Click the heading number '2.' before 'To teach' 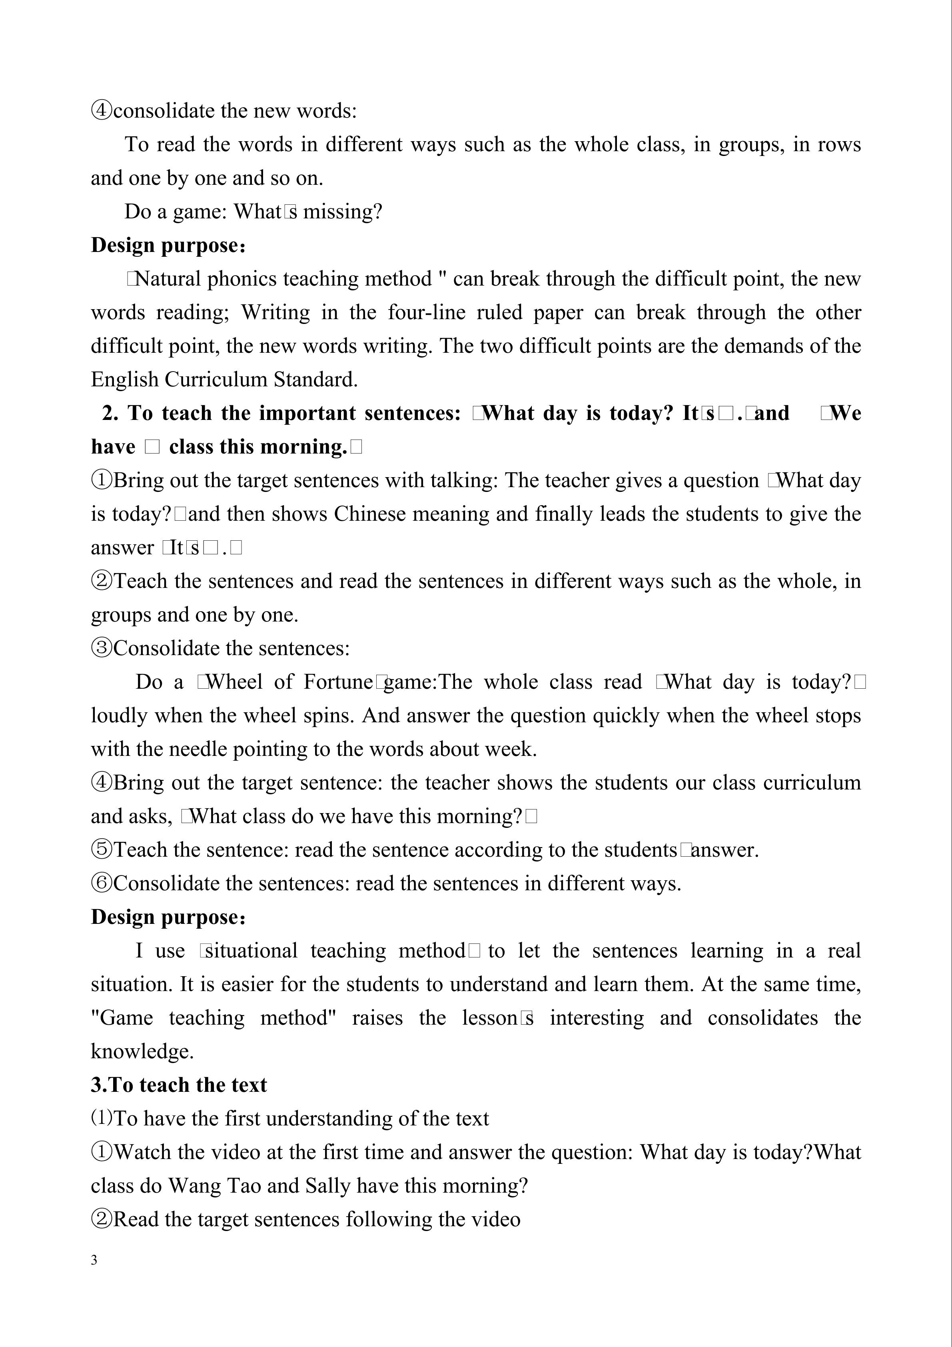point(110,414)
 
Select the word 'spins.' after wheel point(329,716)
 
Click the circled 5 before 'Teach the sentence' point(102,849)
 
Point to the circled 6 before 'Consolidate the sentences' point(102,883)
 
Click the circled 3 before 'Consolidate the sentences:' point(102,648)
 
